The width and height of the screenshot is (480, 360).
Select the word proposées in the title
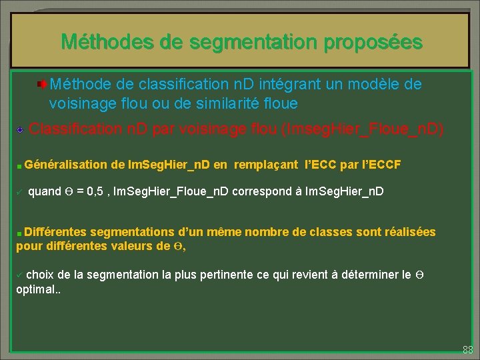[x=373, y=42]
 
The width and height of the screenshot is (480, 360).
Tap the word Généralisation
[x=67, y=164]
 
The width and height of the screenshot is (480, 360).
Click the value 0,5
[x=97, y=191]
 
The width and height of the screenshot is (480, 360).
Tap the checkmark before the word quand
[x=19, y=192]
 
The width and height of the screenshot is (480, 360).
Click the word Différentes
[x=55, y=232]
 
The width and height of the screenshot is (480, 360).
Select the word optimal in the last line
[x=35, y=290]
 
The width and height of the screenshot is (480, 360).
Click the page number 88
[x=467, y=349]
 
